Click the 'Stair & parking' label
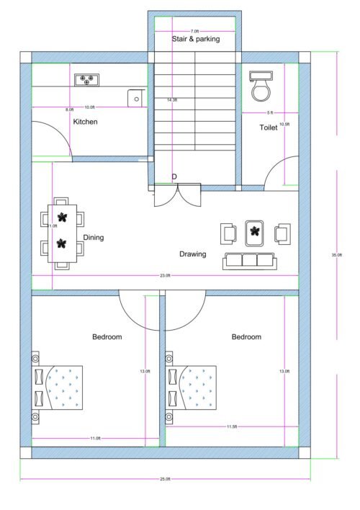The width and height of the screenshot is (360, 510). click(195, 39)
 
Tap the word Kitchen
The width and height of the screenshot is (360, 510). click(85, 122)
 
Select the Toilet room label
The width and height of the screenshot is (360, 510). click(269, 127)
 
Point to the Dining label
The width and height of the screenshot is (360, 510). click(94, 237)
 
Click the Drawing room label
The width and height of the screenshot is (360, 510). click(193, 254)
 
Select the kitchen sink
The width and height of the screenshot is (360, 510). click(134, 97)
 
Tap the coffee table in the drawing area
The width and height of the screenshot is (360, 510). click(255, 232)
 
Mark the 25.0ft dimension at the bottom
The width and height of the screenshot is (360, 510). click(165, 479)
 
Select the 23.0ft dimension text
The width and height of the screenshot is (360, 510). click(165, 276)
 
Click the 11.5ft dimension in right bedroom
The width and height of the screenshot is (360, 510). click(232, 427)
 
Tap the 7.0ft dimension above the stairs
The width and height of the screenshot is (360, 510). click(194, 31)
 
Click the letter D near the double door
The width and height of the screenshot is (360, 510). click(174, 176)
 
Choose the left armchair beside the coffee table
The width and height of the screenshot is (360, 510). click(229, 233)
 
